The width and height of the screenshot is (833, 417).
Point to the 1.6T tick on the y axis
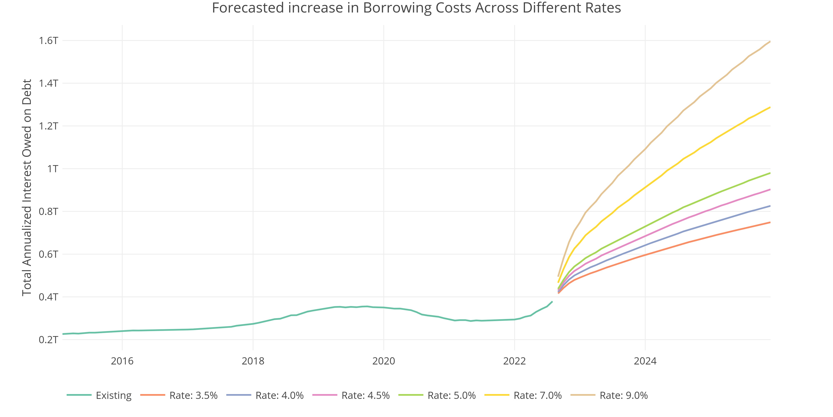click(x=49, y=41)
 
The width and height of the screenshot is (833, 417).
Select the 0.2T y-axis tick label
click(x=49, y=340)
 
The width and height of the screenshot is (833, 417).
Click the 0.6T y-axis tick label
click(x=49, y=254)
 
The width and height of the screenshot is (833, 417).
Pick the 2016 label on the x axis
click(x=122, y=361)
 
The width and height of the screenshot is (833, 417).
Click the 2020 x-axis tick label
click(x=384, y=361)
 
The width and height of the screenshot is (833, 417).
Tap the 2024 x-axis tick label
click(x=645, y=361)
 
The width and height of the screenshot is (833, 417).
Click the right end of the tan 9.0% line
click(x=770, y=41)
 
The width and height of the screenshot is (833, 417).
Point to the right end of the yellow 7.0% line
click(x=770, y=107)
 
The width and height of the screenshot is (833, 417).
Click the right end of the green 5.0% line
click(x=770, y=173)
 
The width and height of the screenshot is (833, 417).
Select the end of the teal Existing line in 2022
click(x=552, y=302)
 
